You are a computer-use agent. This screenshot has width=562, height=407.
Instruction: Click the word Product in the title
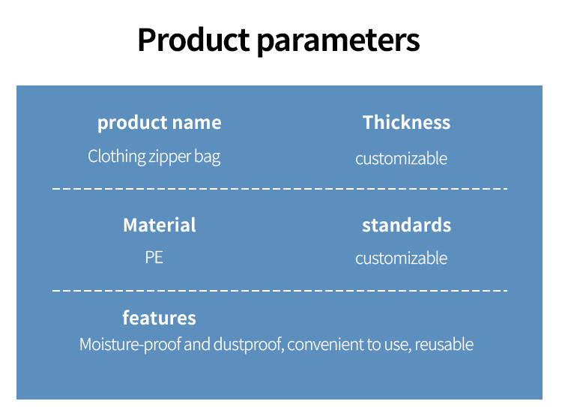[x=193, y=40]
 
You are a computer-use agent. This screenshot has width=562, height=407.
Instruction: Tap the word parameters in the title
[x=339, y=42]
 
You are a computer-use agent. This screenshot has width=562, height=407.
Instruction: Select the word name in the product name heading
[x=197, y=123]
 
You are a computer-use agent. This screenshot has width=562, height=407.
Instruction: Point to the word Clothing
[x=116, y=156]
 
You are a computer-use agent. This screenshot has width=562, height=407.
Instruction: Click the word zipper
[x=169, y=157]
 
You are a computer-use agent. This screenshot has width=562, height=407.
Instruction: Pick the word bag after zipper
[x=207, y=157]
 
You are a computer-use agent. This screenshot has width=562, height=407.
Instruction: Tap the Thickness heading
[x=406, y=122]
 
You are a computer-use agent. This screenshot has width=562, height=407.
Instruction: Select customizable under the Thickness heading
[x=401, y=158]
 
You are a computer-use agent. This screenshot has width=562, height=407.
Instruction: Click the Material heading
[x=160, y=225]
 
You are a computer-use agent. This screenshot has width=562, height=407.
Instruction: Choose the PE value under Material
[x=154, y=258]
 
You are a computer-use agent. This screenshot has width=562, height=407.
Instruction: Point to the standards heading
[x=406, y=225]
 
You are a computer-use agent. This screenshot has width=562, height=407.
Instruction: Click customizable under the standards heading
[x=401, y=258]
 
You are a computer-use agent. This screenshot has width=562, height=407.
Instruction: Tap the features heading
[x=159, y=318]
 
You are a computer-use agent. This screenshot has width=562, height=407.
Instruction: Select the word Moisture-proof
[x=130, y=345]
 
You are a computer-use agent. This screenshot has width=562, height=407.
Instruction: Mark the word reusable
[x=444, y=344]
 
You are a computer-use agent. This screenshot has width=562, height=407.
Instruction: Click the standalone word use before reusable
[x=397, y=346]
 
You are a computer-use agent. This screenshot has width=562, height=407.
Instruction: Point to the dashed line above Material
[x=280, y=188]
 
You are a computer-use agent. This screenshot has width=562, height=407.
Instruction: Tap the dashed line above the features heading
[x=280, y=291]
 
